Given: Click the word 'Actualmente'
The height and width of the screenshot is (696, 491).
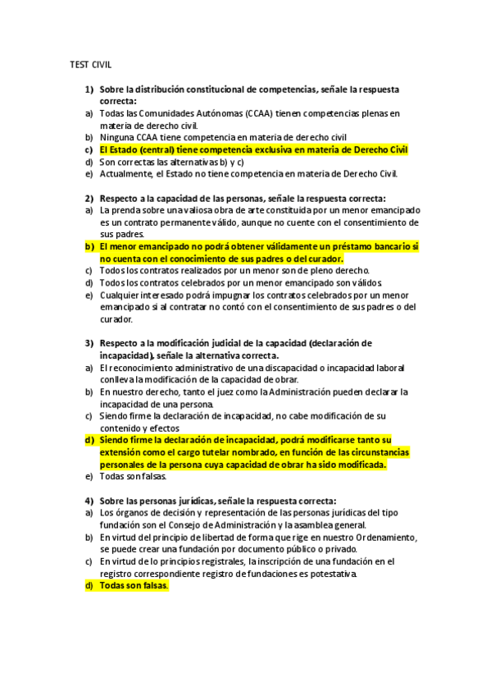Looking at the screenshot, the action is tap(126, 173).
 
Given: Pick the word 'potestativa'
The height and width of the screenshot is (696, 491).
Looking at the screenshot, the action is tap(330, 574).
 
